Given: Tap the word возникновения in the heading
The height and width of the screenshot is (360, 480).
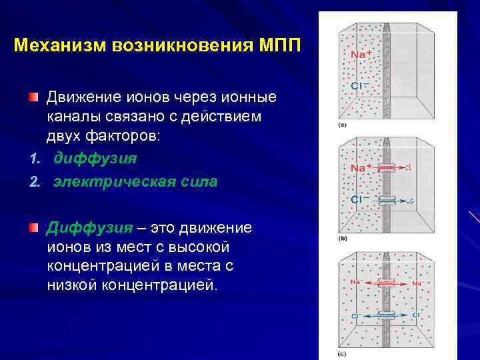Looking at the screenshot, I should tap(179, 46).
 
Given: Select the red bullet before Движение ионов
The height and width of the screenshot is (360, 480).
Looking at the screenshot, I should tap(33, 97).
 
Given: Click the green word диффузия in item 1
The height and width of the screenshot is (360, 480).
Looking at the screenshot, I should tap(95, 159).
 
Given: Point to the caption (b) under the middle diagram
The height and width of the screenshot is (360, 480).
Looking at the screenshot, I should tap(343, 239).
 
